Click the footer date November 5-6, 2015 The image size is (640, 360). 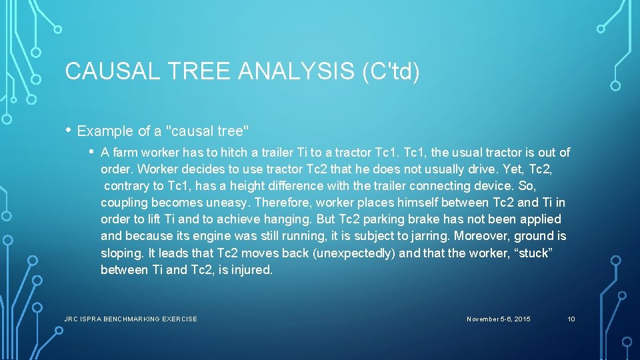(x=499, y=319)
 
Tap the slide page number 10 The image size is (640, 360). (x=571, y=319)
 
